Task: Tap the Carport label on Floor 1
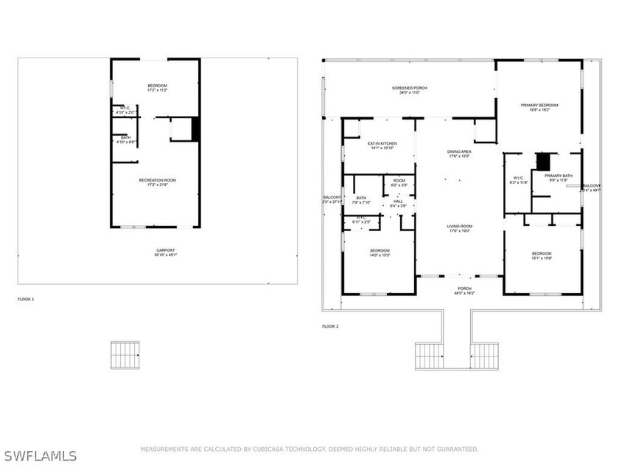(155, 252)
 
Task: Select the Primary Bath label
(557, 177)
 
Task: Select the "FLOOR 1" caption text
(26, 299)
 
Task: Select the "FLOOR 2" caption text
(330, 325)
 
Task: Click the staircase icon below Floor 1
(125, 355)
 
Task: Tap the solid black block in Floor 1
(195, 128)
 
